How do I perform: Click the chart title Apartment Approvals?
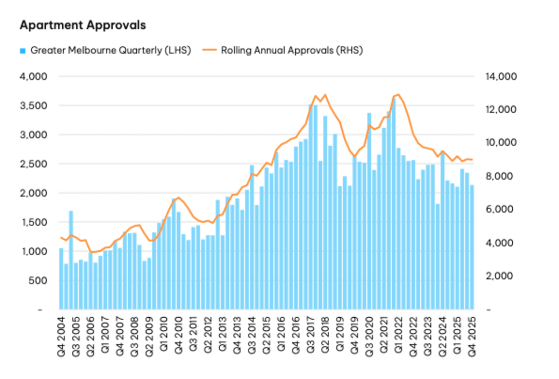coord(82,25)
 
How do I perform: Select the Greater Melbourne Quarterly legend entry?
coord(110,50)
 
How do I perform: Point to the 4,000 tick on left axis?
coord(33,77)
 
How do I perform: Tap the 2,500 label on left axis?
coord(33,164)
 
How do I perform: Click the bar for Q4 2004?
coord(61,279)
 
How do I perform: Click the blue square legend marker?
coord(23,51)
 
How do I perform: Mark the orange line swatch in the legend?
coord(209,50)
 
